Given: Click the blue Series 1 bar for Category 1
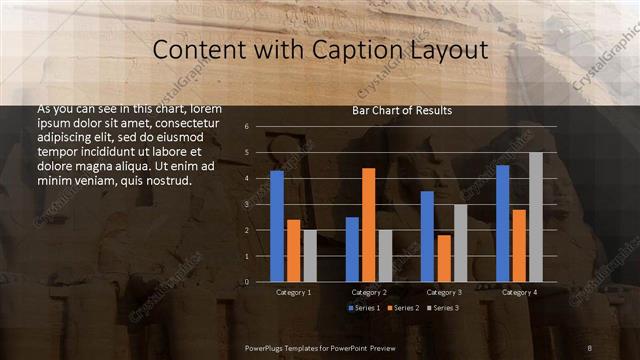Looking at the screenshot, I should [277, 226].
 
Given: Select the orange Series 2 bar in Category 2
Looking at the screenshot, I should [368, 225].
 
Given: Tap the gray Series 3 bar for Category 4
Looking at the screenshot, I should [535, 217].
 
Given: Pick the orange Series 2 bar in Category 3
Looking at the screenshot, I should [443, 258].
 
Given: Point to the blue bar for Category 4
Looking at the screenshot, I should [502, 223].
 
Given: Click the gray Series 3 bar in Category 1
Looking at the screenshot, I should [310, 255].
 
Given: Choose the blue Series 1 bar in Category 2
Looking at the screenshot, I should [352, 249].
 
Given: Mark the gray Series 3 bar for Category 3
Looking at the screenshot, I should [460, 243].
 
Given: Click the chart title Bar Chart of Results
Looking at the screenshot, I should [402, 111].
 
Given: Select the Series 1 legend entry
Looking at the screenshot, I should [363, 307].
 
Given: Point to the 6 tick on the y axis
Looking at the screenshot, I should [246, 127].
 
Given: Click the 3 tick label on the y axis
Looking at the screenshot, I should [246, 204].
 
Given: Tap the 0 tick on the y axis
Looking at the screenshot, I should [246, 281].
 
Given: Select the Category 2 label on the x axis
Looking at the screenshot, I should [369, 292].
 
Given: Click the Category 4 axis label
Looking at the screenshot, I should [519, 292].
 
